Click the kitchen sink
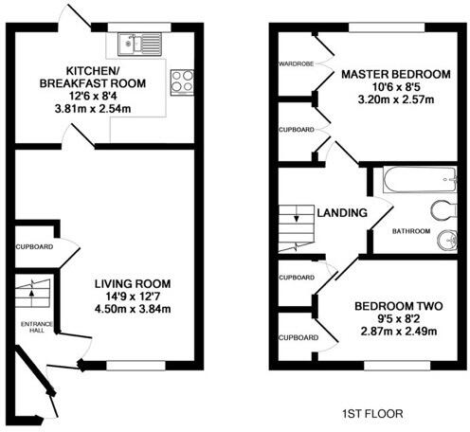pyautogui.click(x=136, y=42)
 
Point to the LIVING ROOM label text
pyautogui.click(x=132, y=283)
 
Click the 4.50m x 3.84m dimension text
pyautogui.click(x=132, y=309)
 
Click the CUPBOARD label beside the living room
pyautogui.click(x=34, y=247)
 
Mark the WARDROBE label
pyautogui.click(x=295, y=63)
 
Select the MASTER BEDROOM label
pyautogui.click(x=395, y=73)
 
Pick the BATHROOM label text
pyautogui.click(x=411, y=231)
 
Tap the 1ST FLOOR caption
pyautogui.click(x=370, y=413)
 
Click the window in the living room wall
pyautogui.click(x=136, y=365)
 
